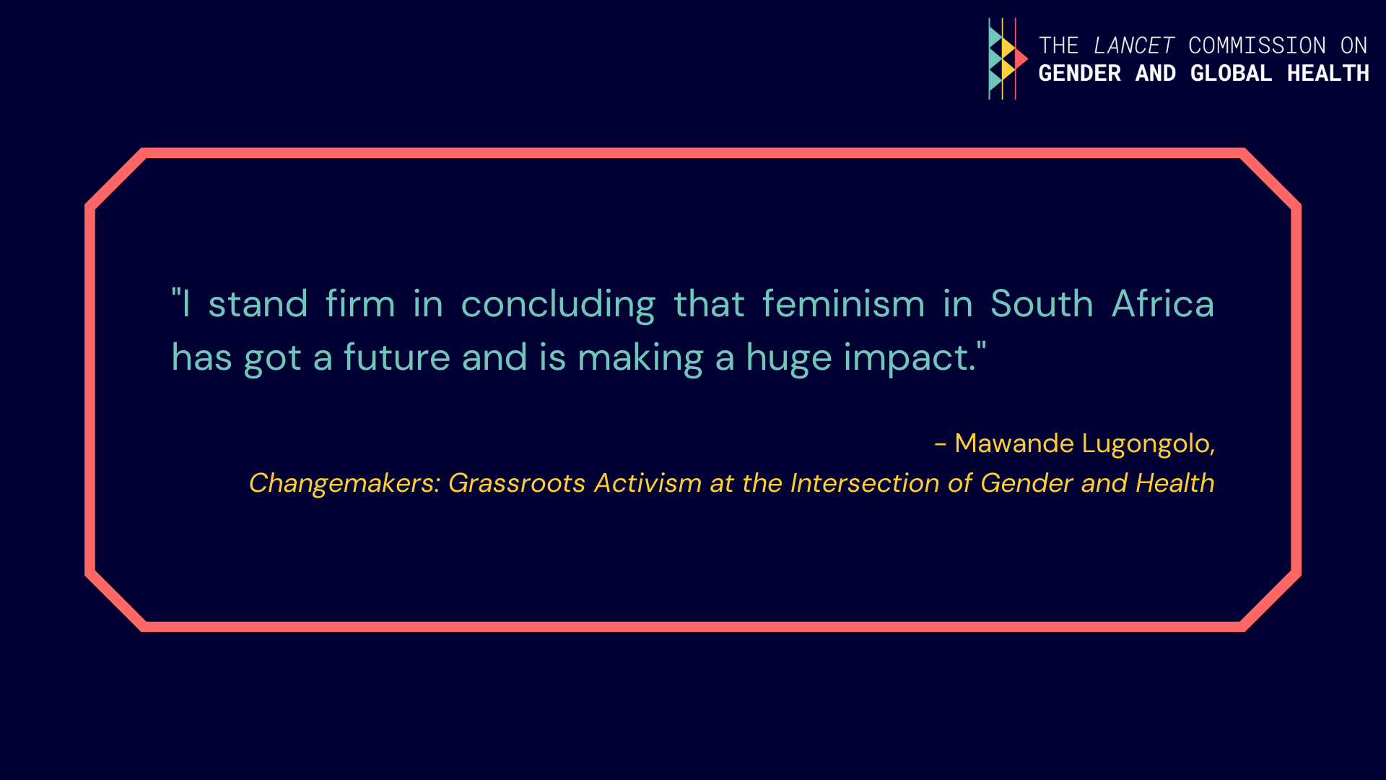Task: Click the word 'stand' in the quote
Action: point(258,303)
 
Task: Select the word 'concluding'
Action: point(558,304)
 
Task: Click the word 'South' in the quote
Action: point(1042,303)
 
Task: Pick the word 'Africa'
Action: point(1163,303)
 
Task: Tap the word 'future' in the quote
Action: point(397,357)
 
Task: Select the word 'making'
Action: point(640,359)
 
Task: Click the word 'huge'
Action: point(789,359)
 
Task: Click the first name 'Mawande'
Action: point(1014,443)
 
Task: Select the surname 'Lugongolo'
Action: point(1146,444)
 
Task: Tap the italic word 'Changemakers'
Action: point(341,483)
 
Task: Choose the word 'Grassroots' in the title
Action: point(517,482)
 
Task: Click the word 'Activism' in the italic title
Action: point(648,482)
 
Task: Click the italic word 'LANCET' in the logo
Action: point(1134,45)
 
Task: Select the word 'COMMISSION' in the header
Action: point(1258,45)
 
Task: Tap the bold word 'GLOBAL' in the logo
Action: point(1231,73)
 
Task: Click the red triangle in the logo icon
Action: point(1021,58)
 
